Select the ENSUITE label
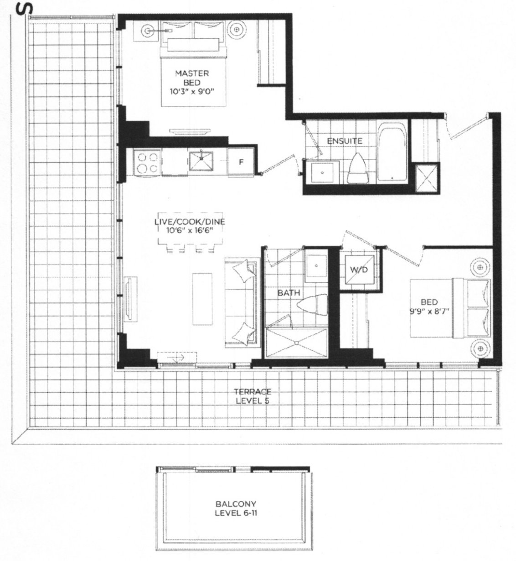(344, 141)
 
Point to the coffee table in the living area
(202, 298)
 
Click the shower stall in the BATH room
(296, 341)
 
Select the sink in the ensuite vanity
(321, 172)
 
